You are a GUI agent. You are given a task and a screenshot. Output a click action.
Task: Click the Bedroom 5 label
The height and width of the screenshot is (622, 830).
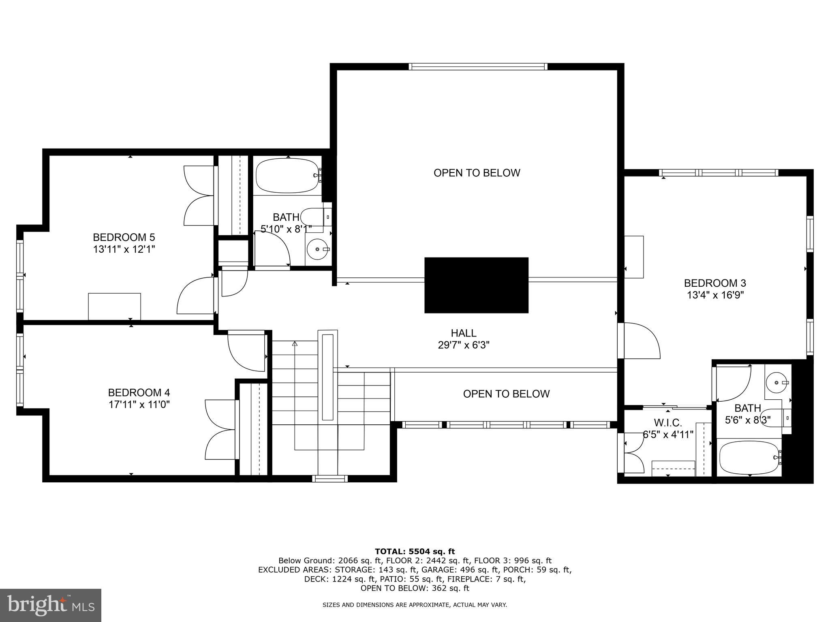point(124,237)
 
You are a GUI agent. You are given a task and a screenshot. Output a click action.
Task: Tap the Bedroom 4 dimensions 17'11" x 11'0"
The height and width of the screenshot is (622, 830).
point(139,404)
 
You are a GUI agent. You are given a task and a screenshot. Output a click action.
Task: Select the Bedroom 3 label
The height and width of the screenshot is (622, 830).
point(715,283)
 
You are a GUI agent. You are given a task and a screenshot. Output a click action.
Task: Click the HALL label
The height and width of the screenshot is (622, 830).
point(464,333)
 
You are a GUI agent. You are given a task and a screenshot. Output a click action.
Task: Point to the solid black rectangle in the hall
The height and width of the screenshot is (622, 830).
point(476,285)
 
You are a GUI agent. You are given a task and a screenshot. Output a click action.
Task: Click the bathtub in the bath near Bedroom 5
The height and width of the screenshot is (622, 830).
point(287,175)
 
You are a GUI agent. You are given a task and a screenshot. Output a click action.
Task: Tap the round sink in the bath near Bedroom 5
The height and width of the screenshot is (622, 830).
point(318,249)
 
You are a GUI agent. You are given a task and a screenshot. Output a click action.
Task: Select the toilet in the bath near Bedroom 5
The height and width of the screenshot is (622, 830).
point(314,217)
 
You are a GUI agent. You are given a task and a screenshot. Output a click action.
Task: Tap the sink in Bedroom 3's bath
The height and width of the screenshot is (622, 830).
point(777,382)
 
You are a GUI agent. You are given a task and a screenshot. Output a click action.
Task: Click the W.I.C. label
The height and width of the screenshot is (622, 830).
point(668,423)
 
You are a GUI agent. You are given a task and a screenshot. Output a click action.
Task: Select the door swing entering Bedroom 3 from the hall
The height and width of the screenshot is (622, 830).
point(640,341)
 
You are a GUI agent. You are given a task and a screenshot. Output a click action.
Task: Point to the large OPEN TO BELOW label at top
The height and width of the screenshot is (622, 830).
point(477,173)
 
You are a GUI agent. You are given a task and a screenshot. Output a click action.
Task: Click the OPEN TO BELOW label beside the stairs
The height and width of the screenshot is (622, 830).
point(506,394)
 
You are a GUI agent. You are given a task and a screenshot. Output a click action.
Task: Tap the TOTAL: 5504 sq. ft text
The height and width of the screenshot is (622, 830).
point(415,552)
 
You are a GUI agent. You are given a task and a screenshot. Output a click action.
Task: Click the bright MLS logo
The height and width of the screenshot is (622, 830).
point(51,605)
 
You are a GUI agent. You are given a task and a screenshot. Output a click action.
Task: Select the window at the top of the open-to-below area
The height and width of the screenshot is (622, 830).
point(478,67)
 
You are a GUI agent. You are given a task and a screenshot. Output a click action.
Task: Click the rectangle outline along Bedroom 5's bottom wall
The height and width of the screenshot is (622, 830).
point(115,307)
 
